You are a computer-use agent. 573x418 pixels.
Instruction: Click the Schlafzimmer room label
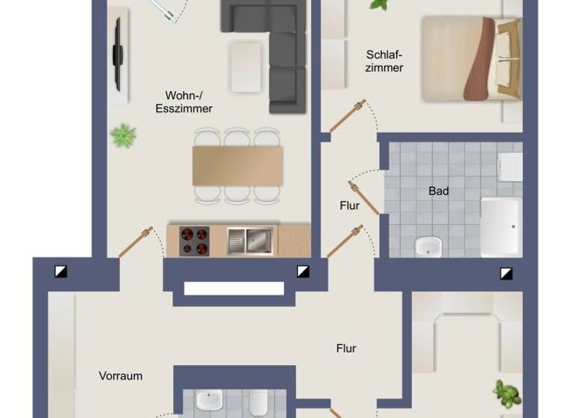tap(385, 61)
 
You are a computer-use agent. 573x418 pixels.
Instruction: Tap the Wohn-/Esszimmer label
tap(184, 102)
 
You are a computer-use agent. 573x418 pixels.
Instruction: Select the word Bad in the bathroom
tap(439, 191)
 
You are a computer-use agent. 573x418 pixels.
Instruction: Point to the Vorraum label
tap(120, 376)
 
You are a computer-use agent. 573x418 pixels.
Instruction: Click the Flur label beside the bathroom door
tap(349, 206)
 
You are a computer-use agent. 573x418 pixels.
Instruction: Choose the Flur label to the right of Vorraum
tap(346, 348)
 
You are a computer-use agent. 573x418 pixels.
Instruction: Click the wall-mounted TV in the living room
tap(117, 54)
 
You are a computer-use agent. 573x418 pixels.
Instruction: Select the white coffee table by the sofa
tap(245, 66)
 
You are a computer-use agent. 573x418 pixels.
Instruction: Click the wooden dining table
tap(237, 166)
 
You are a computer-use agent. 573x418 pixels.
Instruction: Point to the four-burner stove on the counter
tap(195, 240)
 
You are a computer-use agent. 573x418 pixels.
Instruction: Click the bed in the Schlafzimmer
tap(470, 59)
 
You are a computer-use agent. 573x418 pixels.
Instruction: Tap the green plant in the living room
tap(123, 136)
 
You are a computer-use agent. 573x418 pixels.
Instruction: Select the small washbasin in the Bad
tap(428, 246)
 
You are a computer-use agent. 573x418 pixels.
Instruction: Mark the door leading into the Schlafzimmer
tap(348, 116)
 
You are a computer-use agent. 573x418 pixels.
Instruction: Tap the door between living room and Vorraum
tap(136, 243)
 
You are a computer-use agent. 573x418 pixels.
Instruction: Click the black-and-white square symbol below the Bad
tap(507, 272)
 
